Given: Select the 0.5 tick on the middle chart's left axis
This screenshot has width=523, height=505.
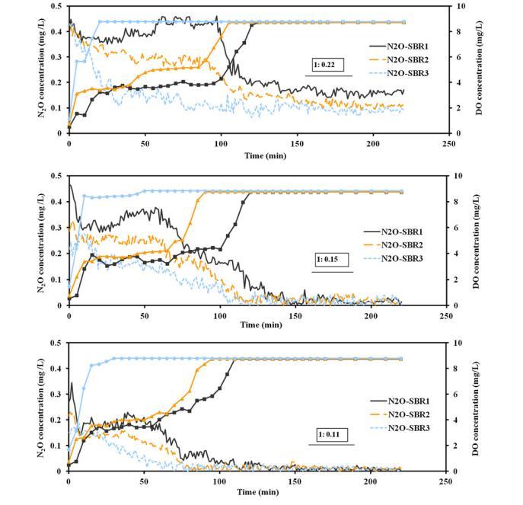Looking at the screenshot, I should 56,176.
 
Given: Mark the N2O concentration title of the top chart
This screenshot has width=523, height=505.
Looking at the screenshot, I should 39,69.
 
